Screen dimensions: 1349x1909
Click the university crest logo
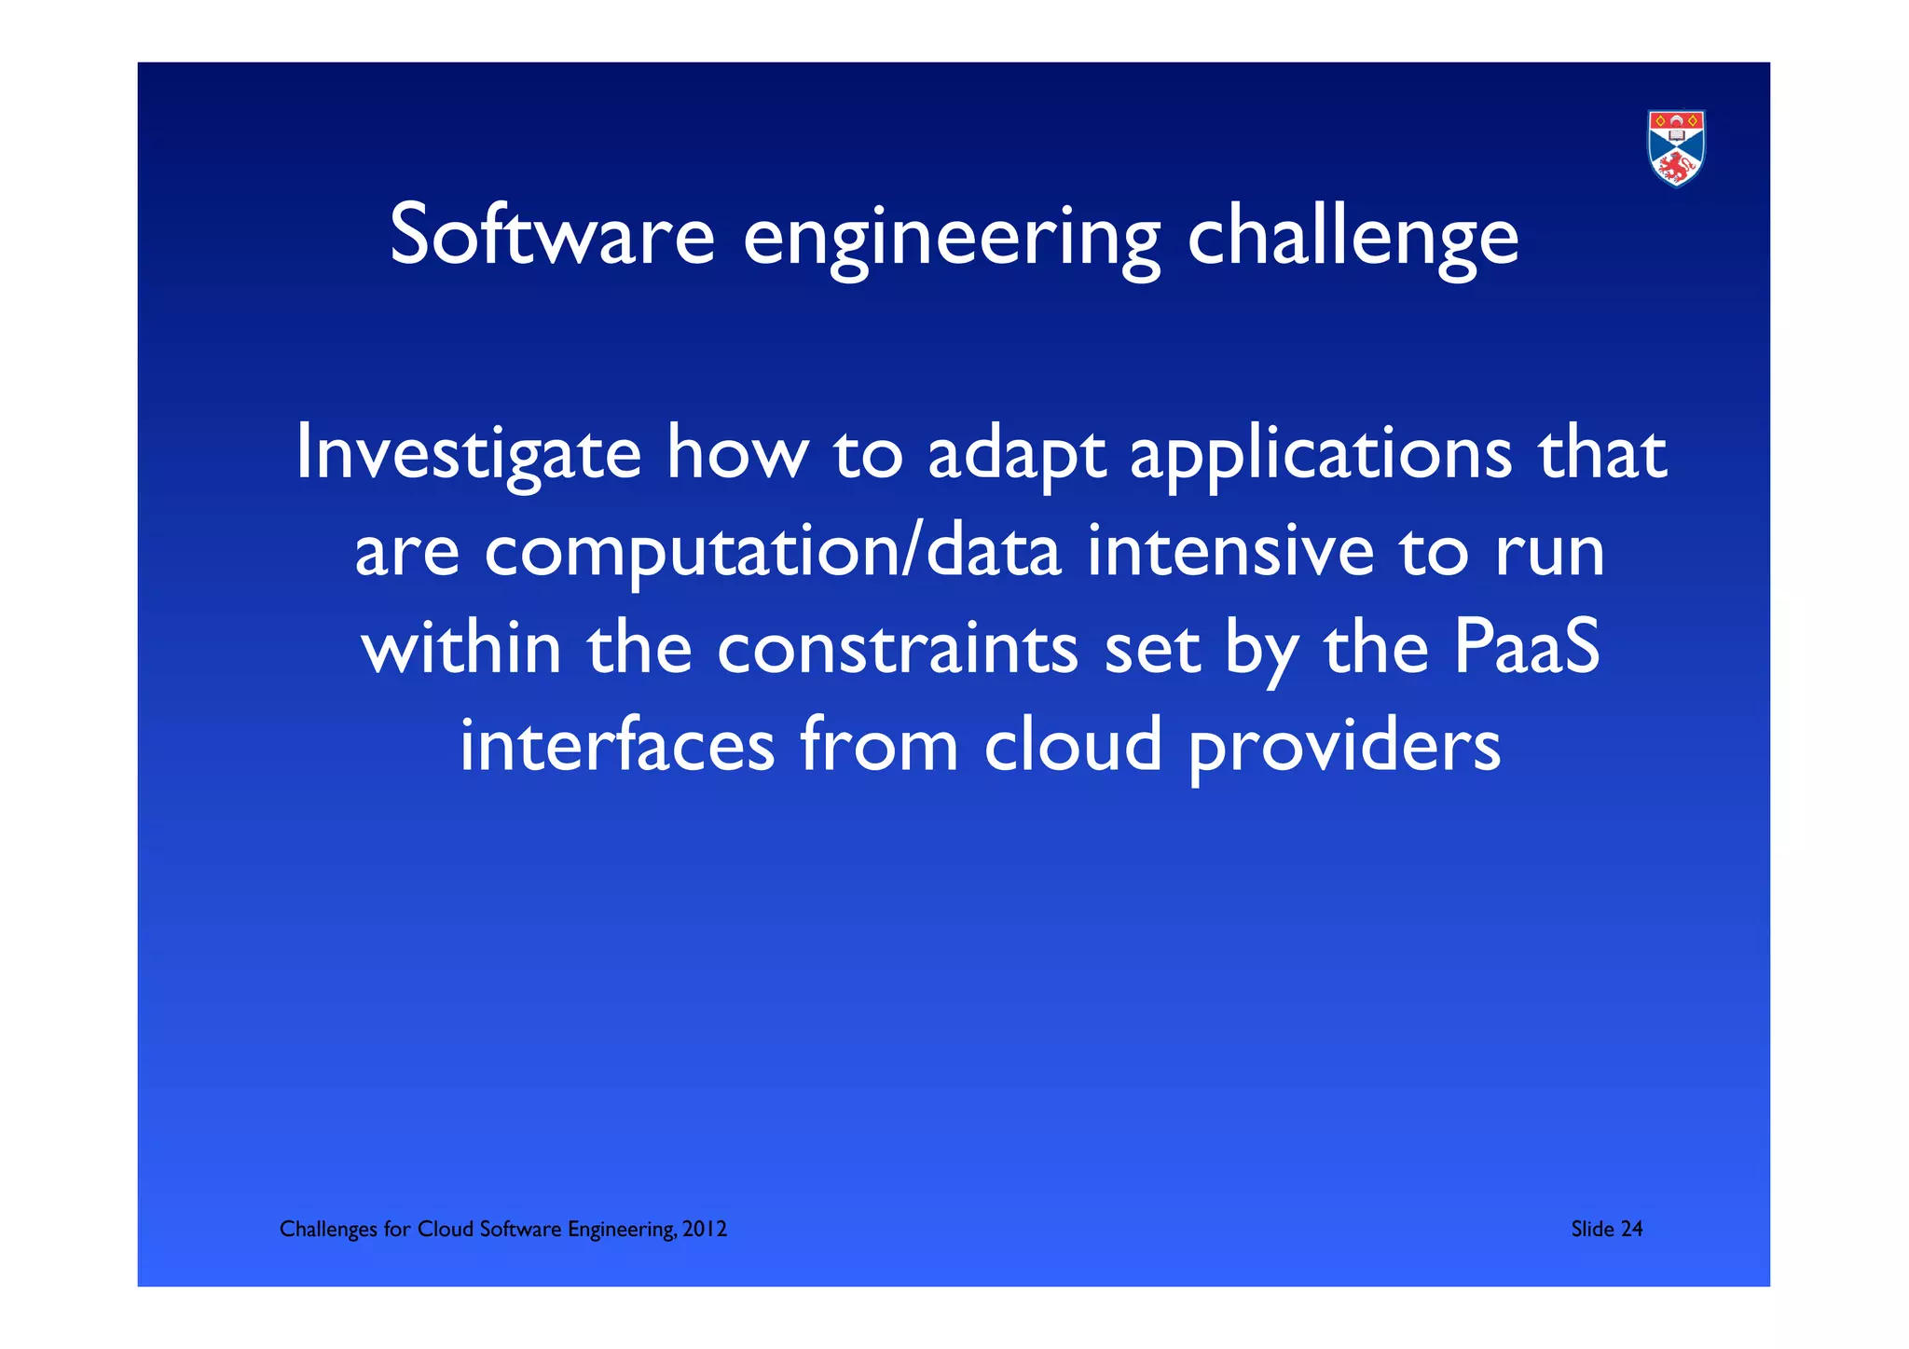(1676, 147)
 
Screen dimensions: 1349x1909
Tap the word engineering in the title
(952, 239)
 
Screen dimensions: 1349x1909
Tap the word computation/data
(773, 553)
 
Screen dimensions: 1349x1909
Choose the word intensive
(1230, 551)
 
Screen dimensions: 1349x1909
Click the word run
(1550, 553)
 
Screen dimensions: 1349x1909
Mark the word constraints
(897, 650)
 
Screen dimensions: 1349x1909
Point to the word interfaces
(617, 745)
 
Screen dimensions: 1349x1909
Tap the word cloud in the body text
(1073, 745)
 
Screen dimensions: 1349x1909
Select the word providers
(1344, 747)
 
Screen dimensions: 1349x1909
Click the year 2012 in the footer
(705, 1229)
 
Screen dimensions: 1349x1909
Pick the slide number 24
(1631, 1229)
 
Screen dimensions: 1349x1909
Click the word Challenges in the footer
(328, 1230)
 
